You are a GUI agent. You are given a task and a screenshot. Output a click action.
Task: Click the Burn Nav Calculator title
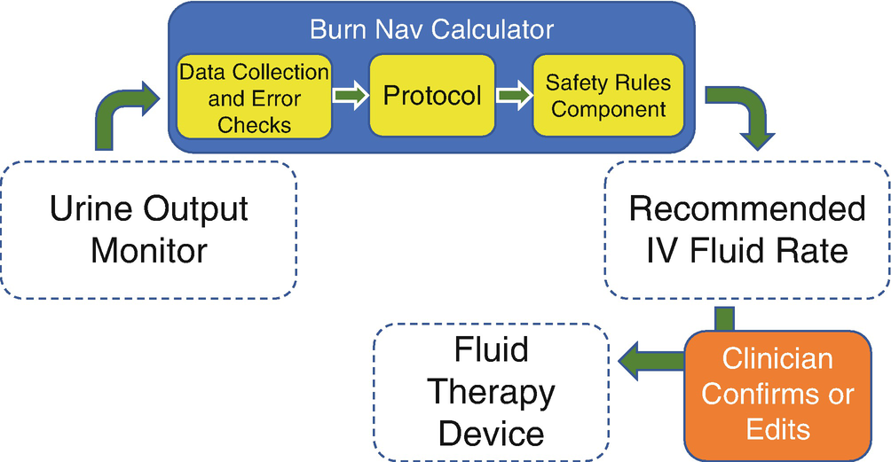point(431,29)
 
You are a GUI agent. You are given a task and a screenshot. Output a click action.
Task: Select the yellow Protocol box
point(432,95)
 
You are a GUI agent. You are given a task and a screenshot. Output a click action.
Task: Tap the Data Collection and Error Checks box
point(254,97)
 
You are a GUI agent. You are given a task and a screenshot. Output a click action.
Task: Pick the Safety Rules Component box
point(608,96)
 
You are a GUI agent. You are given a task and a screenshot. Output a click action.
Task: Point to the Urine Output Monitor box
point(148,230)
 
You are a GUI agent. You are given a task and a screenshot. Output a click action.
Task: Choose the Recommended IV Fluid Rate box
point(746,229)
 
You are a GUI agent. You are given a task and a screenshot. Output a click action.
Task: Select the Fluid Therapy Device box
point(491,390)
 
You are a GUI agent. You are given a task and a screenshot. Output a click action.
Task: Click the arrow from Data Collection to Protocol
point(350,95)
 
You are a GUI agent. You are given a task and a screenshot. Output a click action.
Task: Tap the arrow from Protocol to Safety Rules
point(512,95)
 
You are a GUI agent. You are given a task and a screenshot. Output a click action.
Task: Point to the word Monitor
point(148,250)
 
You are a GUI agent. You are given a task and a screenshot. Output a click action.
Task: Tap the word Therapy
point(491,390)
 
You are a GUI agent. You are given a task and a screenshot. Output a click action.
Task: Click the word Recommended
point(746,209)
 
